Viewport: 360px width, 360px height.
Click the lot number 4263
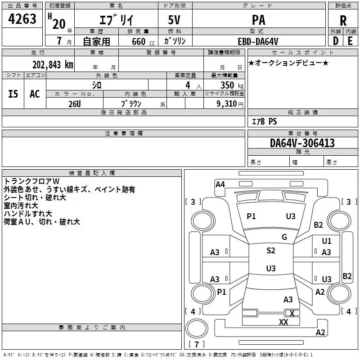(x=23, y=20)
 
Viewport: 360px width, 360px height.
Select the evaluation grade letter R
(x=343, y=21)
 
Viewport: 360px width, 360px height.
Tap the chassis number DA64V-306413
(x=302, y=144)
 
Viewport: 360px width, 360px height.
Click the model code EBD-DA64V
(x=258, y=41)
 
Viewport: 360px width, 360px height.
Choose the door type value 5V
(x=175, y=20)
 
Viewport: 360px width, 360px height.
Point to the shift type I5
(x=13, y=94)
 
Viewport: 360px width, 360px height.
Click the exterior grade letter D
(x=335, y=41)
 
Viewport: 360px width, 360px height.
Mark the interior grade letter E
(x=351, y=41)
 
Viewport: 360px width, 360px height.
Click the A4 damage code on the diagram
(x=220, y=184)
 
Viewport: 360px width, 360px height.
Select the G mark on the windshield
(x=284, y=237)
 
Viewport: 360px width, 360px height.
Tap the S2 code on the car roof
(x=270, y=251)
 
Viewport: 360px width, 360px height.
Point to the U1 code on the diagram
(x=327, y=241)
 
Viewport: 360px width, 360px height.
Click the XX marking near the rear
(x=283, y=322)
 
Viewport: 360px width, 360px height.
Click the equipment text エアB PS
(x=264, y=122)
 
